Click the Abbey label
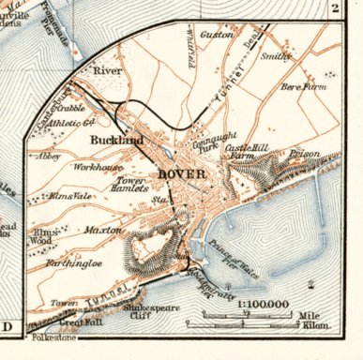(x=50, y=158)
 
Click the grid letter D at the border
(x=8, y=327)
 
